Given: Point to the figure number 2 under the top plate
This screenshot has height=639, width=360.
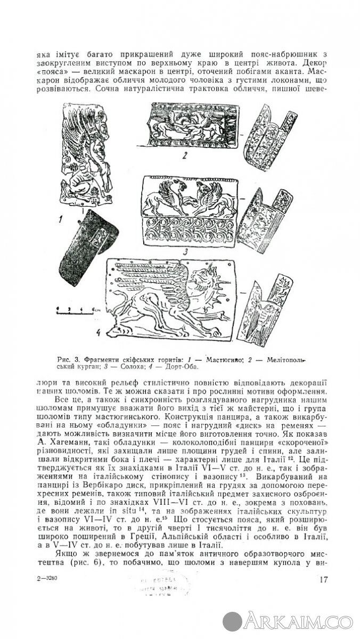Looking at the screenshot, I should pos(183,156).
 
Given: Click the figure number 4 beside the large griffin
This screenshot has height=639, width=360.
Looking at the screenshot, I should pos(113,334).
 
